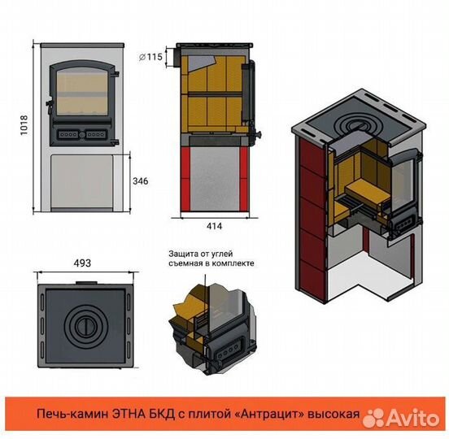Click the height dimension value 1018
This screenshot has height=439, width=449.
24,125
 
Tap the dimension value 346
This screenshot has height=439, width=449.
141,180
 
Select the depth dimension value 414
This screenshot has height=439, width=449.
214,226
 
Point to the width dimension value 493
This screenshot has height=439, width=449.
82,263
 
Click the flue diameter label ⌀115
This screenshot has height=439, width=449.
150,57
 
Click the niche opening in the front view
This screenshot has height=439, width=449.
81,181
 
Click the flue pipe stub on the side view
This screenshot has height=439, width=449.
175,57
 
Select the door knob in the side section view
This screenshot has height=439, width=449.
258,133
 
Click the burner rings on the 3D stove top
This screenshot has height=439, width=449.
353,125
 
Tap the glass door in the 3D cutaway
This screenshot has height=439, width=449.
403,182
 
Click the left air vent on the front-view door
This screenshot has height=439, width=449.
68,134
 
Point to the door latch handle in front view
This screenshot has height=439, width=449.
50,105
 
